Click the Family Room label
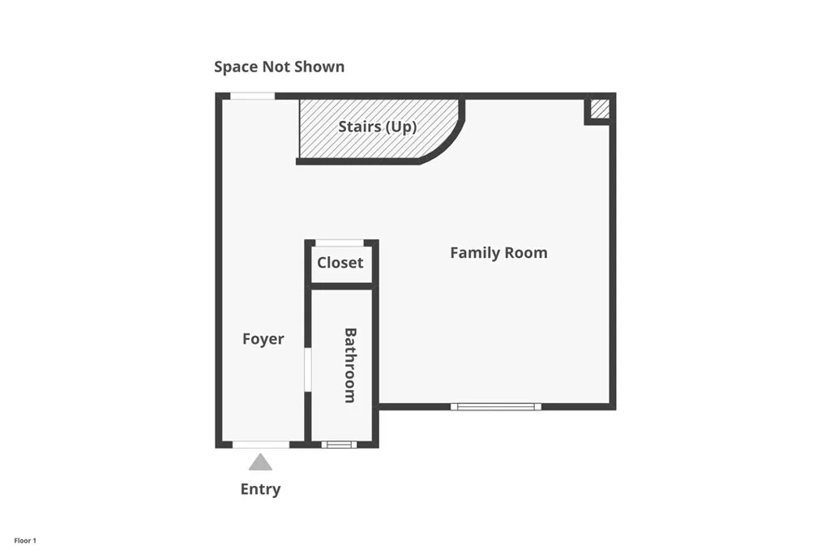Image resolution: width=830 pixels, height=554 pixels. pos(498,253)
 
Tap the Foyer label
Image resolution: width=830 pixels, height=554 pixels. pos(263,339)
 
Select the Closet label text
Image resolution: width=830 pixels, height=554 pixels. pos(340,263)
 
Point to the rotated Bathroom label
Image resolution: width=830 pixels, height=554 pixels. pos(350,365)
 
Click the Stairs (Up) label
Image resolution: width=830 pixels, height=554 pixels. pos(378,127)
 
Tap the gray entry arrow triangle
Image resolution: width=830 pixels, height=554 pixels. pos(260,463)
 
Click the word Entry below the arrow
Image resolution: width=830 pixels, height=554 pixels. pos(260,489)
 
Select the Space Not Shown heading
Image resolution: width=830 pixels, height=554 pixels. pos(279,67)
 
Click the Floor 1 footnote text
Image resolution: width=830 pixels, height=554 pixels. pos(25,540)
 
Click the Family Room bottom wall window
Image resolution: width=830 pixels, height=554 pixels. pos(495,406)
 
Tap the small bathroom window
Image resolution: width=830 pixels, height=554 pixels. pos(339,444)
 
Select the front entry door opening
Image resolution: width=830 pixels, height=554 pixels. pos(260,444)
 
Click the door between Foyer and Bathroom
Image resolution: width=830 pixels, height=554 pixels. pos(308,370)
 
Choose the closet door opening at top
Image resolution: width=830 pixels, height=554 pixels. pos(339,243)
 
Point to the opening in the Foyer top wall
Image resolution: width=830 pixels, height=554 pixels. pos(253,96)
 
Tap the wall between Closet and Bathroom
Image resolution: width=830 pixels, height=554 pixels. pos(341,286)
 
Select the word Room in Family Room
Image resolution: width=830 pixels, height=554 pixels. pos(527,253)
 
